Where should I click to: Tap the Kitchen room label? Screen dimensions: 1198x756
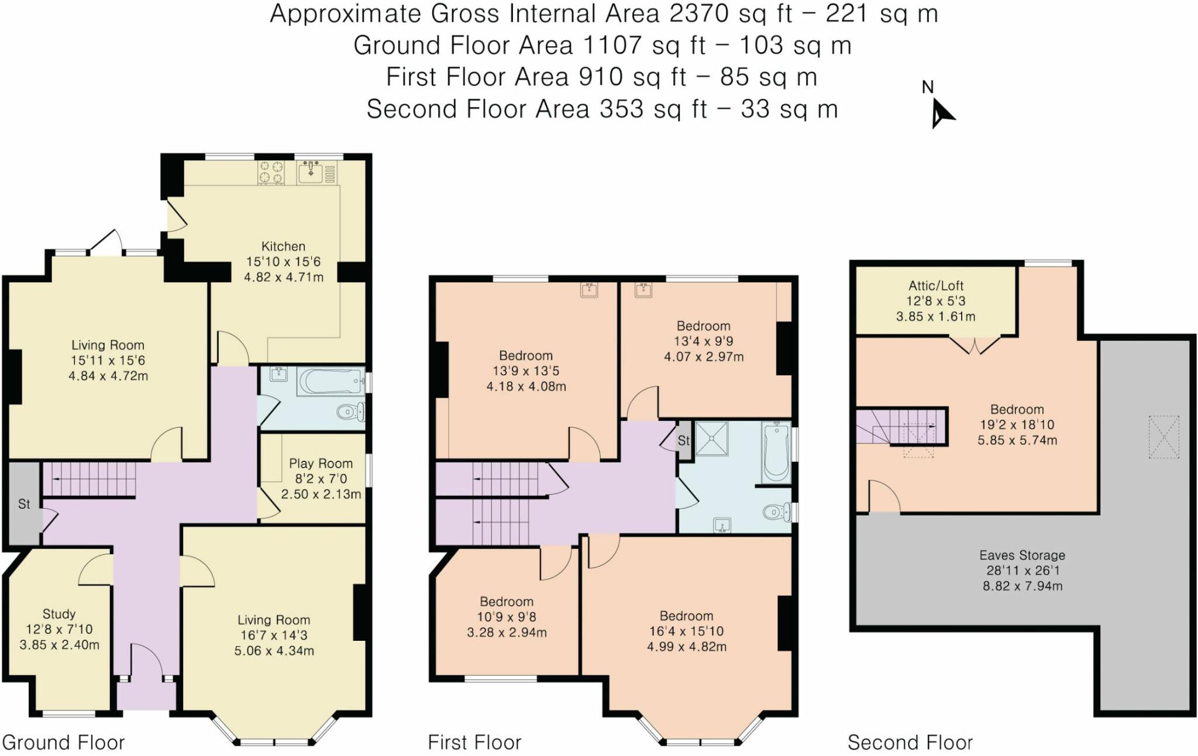point(283,247)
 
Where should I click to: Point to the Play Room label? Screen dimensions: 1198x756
point(321,464)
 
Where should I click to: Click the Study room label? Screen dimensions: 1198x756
point(59,614)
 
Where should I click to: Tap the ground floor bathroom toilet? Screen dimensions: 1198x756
point(351,412)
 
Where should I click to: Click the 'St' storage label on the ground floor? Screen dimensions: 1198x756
point(24,504)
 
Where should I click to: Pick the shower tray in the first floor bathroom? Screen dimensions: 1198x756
point(712,438)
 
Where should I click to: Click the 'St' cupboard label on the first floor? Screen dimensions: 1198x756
point(684,441)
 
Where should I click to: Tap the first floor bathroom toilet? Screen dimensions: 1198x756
point(777,513)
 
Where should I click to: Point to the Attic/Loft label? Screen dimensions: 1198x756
point(936,286)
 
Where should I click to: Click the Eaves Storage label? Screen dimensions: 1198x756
point(1023,555)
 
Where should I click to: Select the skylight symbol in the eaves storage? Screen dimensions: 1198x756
point(1163,437)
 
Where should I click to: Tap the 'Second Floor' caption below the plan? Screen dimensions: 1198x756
point(910,743)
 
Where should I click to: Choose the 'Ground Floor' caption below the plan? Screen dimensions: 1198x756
point(64,743)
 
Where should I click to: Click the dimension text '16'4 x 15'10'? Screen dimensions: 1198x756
point(686,631)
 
